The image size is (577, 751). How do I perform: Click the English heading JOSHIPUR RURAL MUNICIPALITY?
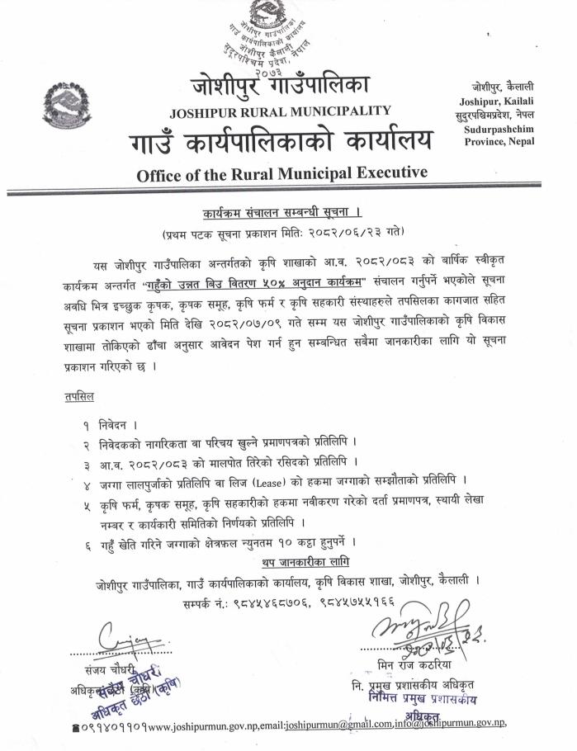[281, 111]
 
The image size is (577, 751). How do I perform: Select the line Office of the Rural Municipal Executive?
[281, 173]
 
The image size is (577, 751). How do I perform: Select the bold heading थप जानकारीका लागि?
[301, 562]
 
